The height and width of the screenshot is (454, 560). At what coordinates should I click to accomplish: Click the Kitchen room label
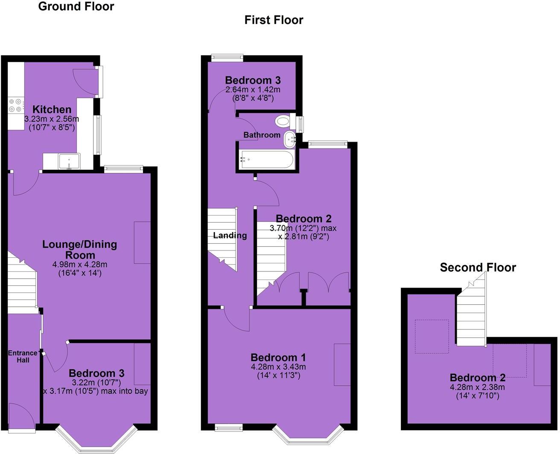click(52, 109)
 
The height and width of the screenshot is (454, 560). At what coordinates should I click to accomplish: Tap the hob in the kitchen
click(15, 105)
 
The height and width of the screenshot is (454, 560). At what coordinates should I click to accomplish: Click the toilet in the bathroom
click(283, 121)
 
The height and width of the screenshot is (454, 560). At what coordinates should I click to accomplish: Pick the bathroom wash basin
click(290, 138)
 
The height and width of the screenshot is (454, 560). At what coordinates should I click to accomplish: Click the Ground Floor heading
click(76, 6)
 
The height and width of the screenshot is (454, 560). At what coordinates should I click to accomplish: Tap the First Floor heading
click(274, 20)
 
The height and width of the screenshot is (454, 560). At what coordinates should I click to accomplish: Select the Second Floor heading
click(478, 268)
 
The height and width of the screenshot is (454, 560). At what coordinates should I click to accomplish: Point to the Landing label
click(230, 236)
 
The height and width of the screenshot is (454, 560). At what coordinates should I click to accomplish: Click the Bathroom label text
click(262, 135)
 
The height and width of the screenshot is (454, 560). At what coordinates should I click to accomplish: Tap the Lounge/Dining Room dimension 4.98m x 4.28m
click(80, 265)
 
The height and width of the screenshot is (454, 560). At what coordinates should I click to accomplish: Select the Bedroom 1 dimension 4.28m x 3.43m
click(278, 367)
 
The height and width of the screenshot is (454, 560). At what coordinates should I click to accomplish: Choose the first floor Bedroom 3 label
click(253, 80)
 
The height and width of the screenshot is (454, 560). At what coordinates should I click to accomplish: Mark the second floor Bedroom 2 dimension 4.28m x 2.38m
click(478, 387)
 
